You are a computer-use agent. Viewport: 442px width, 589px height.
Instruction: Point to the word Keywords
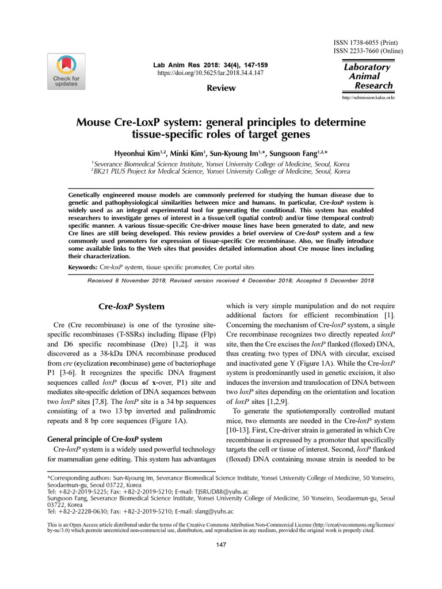click(83, 267)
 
